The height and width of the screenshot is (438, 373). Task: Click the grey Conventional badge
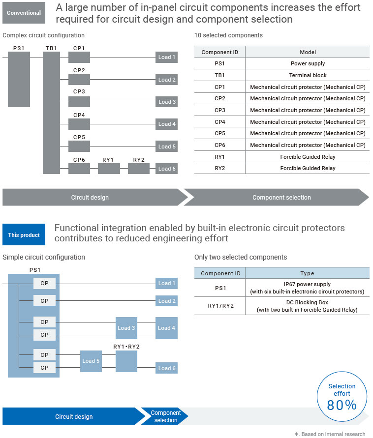click(x=24, y=13)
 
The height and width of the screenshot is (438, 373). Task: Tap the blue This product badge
click(x=24, y=235)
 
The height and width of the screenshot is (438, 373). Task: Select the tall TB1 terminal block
click(x=51, y=113)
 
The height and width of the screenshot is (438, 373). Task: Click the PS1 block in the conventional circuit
click(x=19, y=79)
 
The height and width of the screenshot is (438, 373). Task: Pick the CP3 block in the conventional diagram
click(x=79, y=102)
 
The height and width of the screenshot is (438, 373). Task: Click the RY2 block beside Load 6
click(x=139, y=169)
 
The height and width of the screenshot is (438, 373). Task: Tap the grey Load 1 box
click(x=167, y=57)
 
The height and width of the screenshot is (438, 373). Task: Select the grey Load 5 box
click(x=167, y=146)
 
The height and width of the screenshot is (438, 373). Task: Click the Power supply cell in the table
click(x=308, y=63)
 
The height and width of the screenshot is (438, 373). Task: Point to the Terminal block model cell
click(x=308, y=75)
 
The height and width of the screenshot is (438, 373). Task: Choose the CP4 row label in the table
click(x=220, y=122)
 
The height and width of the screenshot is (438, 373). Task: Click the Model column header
click(x=308, y=52)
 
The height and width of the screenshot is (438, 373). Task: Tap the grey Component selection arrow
click(x=281, y=197)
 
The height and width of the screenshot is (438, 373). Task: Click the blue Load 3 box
click(x=126, y=328)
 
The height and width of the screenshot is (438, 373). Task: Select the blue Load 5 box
click(x=91, y=361)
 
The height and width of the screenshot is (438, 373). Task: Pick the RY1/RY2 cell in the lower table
click(x=220, y=306)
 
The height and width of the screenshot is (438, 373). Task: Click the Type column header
click(x=307, y=273)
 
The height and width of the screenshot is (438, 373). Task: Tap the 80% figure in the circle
click(x=342, y=405)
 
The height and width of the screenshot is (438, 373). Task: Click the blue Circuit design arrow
click(x=74, y=416)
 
